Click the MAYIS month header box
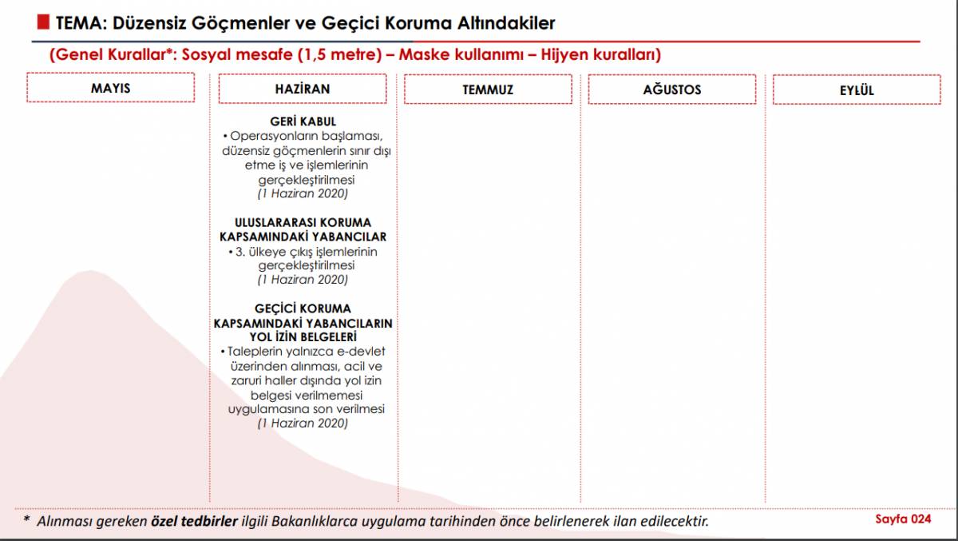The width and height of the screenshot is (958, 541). [x=110, y=88]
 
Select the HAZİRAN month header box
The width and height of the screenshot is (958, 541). [x=302, y=89]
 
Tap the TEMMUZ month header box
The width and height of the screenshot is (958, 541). [x=488, y=90]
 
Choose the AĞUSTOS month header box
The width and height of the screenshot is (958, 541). [x=671, y=90]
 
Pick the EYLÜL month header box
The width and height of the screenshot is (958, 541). [x=857, y=90]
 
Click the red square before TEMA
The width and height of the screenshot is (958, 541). [x=46, y=22]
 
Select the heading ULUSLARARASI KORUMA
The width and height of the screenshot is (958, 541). [x=303, y=222]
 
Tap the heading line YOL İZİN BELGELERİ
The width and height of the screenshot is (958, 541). [x=303, y=337]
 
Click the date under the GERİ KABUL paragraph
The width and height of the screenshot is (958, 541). [x=303, y=194]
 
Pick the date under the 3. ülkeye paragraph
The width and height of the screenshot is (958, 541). [x=303, y=280]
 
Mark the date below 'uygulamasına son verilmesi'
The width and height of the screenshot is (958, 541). [x=303, y=424]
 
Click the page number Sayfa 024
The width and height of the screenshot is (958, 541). [x=903, y=519]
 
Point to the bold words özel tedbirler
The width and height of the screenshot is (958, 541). [x=194, y=521]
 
